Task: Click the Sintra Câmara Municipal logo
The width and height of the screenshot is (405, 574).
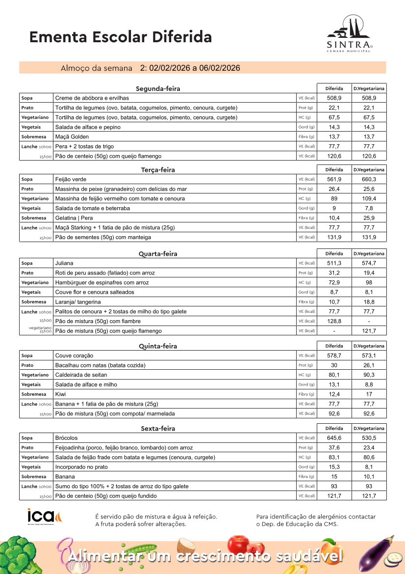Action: tap(350, 35)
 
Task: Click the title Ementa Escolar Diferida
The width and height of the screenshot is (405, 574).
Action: tap(121, 37)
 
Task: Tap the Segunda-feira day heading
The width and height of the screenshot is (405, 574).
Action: tap(158, 89)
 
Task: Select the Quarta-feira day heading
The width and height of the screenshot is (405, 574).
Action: tap(158, 254)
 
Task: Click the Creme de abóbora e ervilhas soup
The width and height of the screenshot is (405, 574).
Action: tap(92, 98)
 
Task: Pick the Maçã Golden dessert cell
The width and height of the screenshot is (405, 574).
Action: tap(72, 137)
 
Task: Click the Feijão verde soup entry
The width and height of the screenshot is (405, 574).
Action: tap(71, 179)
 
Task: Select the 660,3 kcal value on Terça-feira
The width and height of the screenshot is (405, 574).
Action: tap(369, 179)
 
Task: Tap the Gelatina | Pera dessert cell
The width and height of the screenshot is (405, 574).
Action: tap(74, 218)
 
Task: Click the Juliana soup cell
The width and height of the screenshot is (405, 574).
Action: tap(64, 263)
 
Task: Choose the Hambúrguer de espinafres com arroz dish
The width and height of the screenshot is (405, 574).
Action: tap(102, 283)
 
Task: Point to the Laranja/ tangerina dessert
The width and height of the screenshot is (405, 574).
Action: tap(78, 302)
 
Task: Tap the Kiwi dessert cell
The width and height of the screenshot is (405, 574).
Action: tap(61, 394)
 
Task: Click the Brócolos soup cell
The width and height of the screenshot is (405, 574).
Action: tap(66, 438)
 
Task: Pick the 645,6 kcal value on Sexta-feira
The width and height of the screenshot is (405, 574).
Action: tap(334, 438)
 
